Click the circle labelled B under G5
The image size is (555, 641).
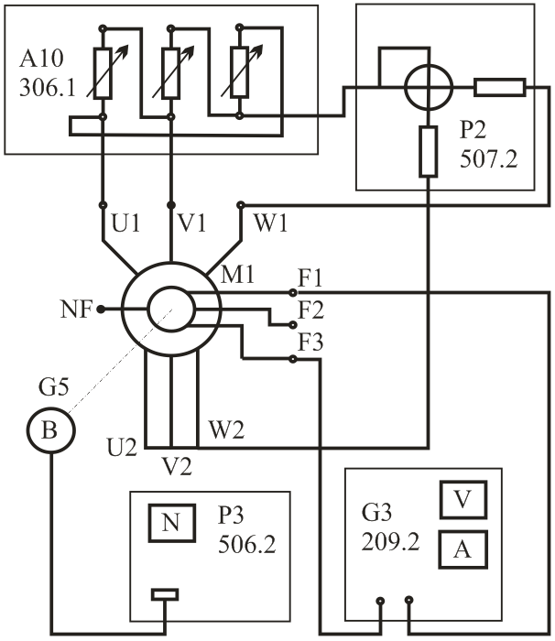pos(51,430)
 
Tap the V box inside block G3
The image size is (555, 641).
pos(463,500)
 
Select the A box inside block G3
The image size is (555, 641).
pos(463,549)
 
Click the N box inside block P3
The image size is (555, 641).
pos(171,523)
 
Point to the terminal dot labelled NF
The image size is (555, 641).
pos(101,310)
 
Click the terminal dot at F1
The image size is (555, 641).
pos(292,293)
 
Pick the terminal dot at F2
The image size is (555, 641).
pos(292,325)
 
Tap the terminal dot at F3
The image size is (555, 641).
pos(292,359)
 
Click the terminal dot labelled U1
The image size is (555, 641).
pos(103,204)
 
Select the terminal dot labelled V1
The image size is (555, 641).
pos(171,204)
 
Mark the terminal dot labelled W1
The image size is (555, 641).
pos(241,204)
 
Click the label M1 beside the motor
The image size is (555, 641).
pos(237,274)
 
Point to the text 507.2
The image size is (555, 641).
pos(489,158)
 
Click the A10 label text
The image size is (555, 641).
pos(41,59)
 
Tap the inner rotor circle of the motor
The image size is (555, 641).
pos(171,310)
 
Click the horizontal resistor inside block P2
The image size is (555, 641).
pos(500,88)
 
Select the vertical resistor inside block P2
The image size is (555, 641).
pos(429,152)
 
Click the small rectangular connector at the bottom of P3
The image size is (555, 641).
pos(165,594)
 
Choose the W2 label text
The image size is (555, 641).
pos(226,430)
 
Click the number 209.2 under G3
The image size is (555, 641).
pos(390,542)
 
